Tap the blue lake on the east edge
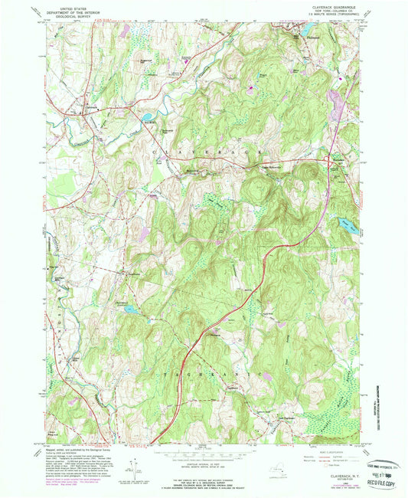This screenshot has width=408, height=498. coord(345,226)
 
